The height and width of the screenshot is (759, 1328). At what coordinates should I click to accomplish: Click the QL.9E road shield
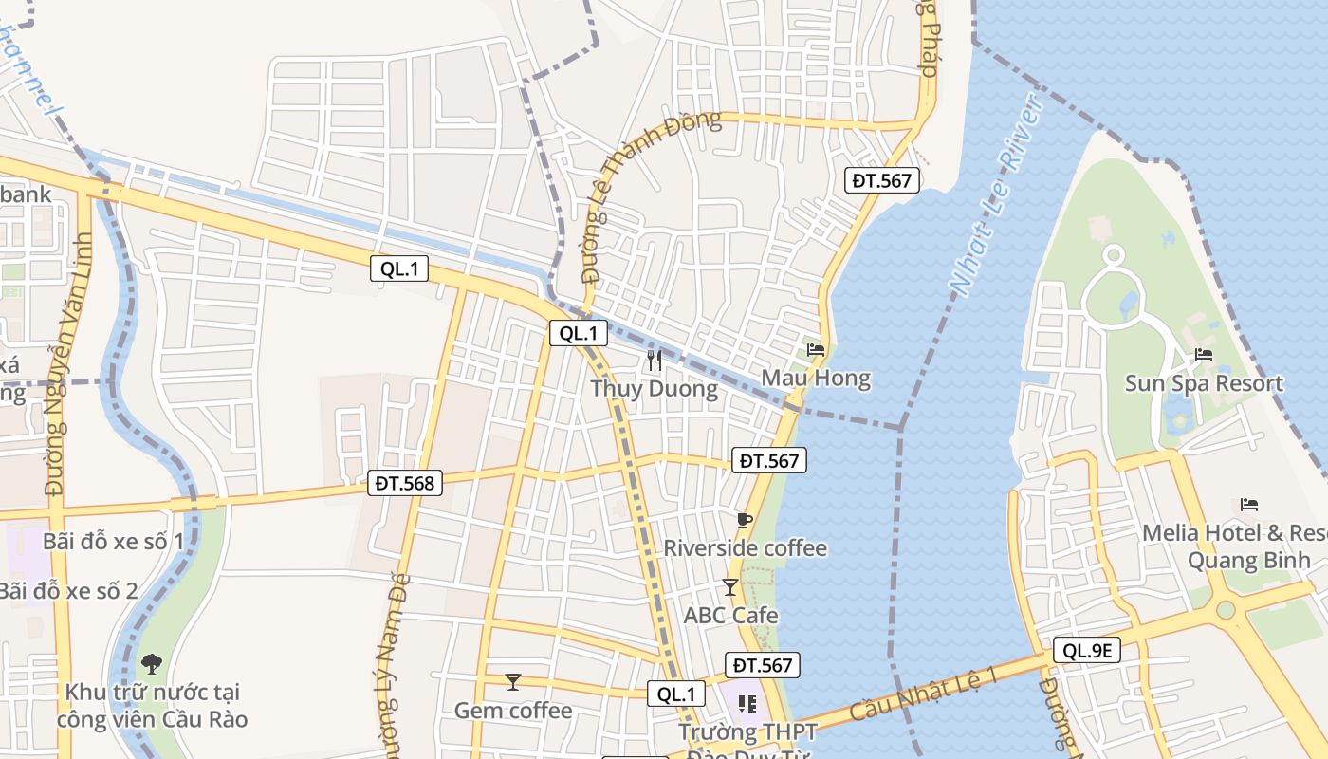1087,650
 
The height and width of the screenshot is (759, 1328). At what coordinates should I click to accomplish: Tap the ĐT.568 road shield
405,483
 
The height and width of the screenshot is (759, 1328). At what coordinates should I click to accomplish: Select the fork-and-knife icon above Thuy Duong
654,360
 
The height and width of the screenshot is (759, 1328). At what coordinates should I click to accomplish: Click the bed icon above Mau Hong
816,350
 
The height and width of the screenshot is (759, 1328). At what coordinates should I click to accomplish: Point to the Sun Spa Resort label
1204,383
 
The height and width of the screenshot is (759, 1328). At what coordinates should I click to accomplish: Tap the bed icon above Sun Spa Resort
1204,356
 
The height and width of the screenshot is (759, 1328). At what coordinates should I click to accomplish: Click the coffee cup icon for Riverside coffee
745,520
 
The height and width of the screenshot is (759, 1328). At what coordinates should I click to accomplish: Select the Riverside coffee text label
745,548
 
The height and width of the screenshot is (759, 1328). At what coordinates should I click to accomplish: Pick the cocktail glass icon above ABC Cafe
729,587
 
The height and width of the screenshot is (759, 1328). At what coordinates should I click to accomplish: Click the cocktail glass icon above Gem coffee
513,681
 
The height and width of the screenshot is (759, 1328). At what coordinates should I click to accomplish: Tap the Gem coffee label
513,711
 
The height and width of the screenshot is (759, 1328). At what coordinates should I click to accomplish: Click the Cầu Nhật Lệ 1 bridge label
924,693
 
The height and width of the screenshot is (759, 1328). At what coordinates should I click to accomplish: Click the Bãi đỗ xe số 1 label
113,542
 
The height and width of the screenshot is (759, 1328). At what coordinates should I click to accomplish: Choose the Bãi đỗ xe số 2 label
68,590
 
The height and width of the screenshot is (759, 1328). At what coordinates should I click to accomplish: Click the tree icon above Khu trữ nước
151,663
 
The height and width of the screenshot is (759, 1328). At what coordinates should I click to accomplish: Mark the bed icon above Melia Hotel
1249,505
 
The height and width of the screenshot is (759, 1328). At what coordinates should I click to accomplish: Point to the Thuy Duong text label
654,389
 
